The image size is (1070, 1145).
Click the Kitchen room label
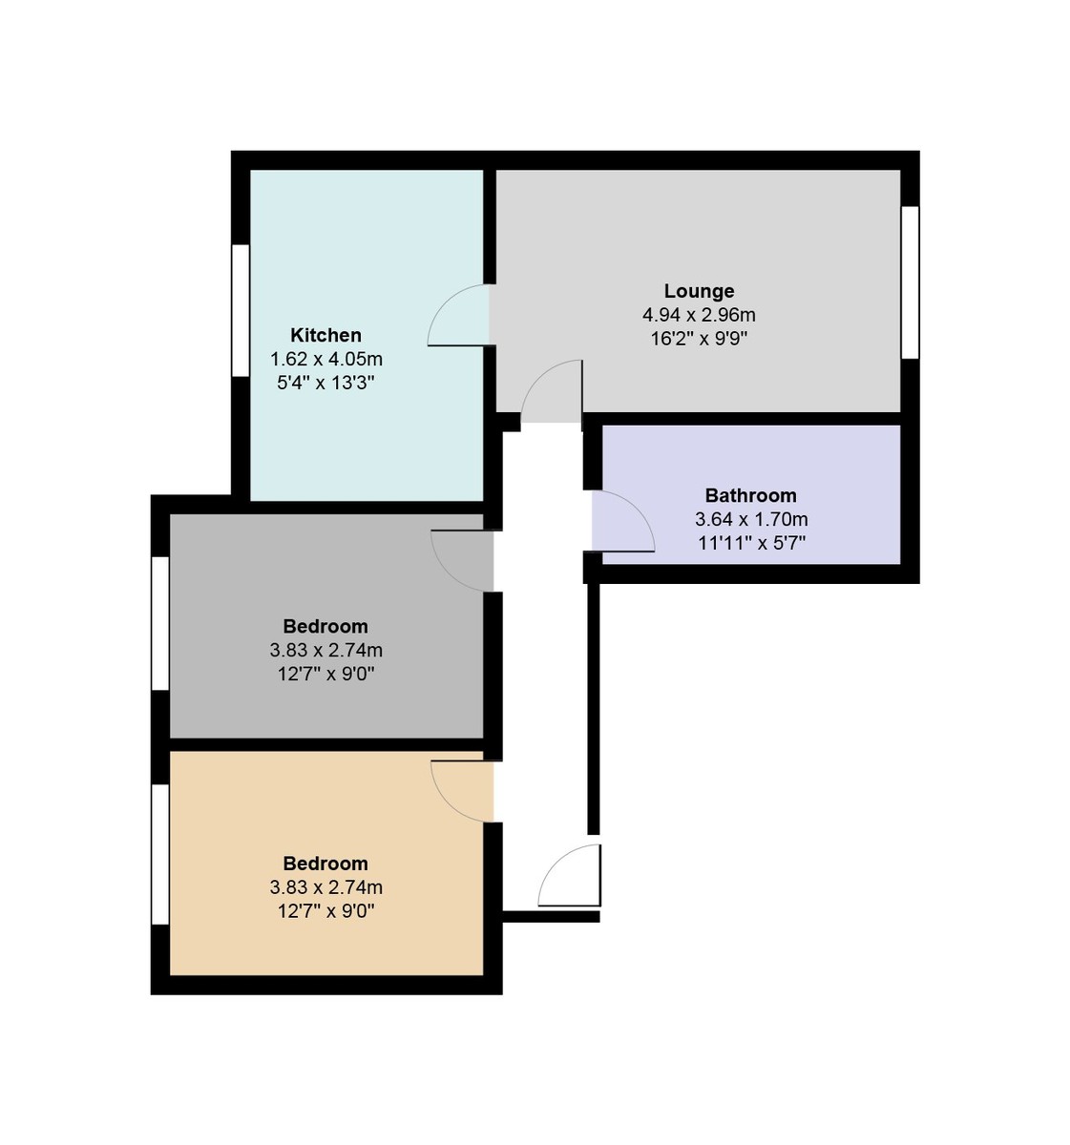(325, 335)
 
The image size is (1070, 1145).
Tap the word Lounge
(699, 291)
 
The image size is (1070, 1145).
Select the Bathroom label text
(750, 495)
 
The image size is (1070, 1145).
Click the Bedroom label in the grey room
(325, 626)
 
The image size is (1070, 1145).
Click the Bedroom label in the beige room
(325, 864)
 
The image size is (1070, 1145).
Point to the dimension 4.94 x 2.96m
(699, 315)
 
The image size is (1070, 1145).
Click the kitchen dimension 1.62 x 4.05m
(325, 360)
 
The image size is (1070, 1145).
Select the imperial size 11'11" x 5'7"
(750, 544)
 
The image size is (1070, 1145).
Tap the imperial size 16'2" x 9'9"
(699, 339)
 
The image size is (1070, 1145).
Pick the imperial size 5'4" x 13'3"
(325, 384)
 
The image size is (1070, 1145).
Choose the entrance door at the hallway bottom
(571, 875)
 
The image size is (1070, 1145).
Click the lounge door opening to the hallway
(553, 391)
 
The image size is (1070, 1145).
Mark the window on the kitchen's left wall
(241, 310)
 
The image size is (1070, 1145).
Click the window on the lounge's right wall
(911, 282)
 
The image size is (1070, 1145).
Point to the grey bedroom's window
(160, 623)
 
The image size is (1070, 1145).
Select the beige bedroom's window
(160, 854)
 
